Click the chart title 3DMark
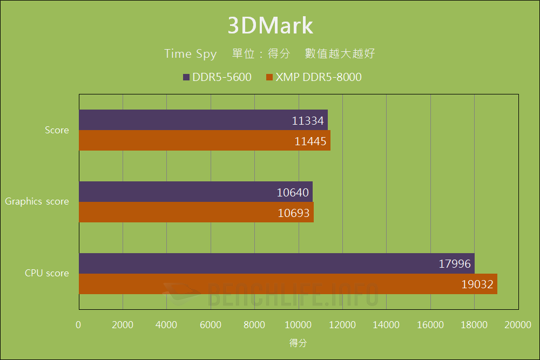[270, 25]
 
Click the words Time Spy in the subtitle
[191, 54]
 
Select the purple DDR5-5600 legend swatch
[186, 77]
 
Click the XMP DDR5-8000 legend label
[319, 77]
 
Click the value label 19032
[477, 284]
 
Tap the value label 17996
[455, 264]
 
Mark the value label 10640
[293, 192]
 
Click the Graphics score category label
[37, 201]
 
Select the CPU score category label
[47, 273]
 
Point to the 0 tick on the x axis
[79, 324]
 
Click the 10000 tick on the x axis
[299, 324]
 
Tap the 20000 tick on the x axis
[518, 324]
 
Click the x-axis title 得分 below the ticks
[298, 343]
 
